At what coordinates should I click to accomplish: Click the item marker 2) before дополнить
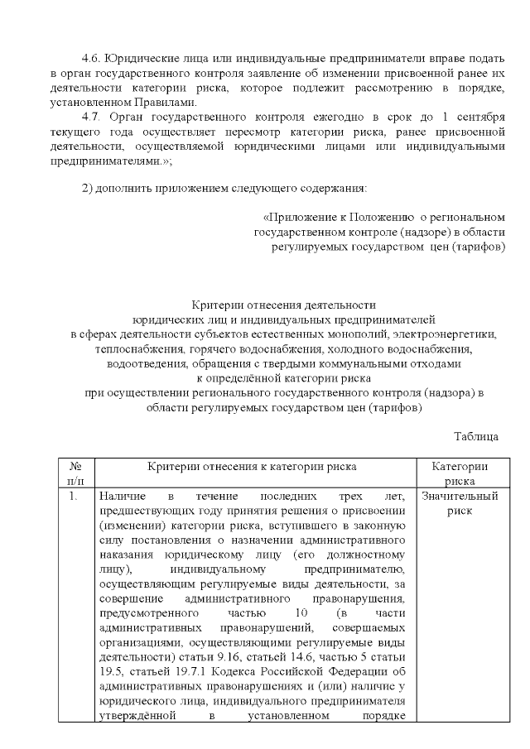click(x=90, y=183)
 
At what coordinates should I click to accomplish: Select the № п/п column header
click(x=75, y=473)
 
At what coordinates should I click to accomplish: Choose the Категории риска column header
click(x=459, y=473)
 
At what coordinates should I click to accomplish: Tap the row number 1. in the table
click(x=74, y=497)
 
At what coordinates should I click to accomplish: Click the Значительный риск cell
click(x=459, y=503)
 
